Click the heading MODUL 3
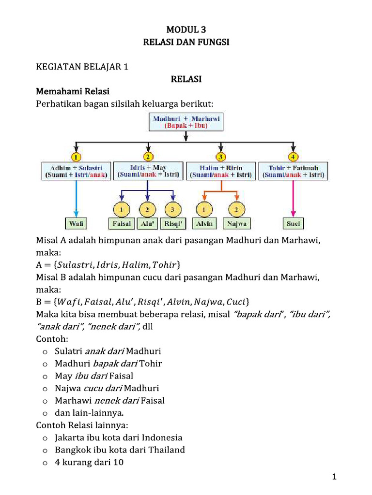(186, 30)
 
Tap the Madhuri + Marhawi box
(186, 122)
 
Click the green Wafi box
(76, 223)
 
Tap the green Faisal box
(121, 223)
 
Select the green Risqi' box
(173, 223)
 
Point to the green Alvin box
(205, 223)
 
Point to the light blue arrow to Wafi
(76, 198)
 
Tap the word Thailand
(166, 450)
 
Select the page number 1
(334, 478)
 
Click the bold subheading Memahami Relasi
(73, 91)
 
